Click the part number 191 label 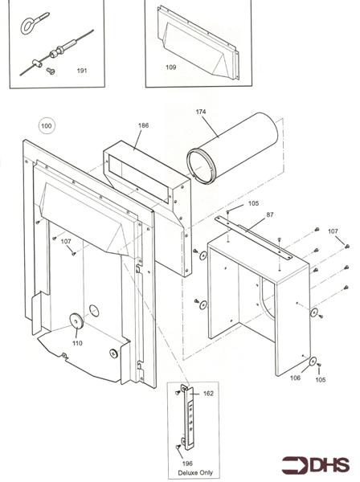[82, 71]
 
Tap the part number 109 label [171, 67]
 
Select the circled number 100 [47, 126]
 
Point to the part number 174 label [201, 112]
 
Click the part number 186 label [143, 125]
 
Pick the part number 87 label [270, 214]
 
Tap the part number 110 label [77, 343]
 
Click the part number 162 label [208, 394]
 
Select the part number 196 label [187, 464]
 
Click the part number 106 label [295, 378]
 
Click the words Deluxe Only [195, 473]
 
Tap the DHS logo [316, 465]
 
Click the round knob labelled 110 [76, 321]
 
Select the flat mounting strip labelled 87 [253, 237]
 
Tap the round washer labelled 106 [313, 361]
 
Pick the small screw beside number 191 [51, 71]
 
